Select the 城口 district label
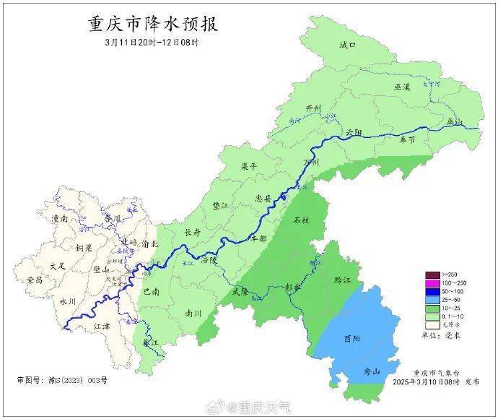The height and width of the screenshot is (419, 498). [348, 46]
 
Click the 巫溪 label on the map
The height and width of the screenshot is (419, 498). [402, 87]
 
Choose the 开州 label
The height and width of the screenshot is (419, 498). [313, 108]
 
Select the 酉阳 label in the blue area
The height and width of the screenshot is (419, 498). [352, 338]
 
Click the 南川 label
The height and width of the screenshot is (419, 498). [193, 314]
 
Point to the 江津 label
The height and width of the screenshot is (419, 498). [103, 327]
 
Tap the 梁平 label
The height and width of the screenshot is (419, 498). [249, 166]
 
